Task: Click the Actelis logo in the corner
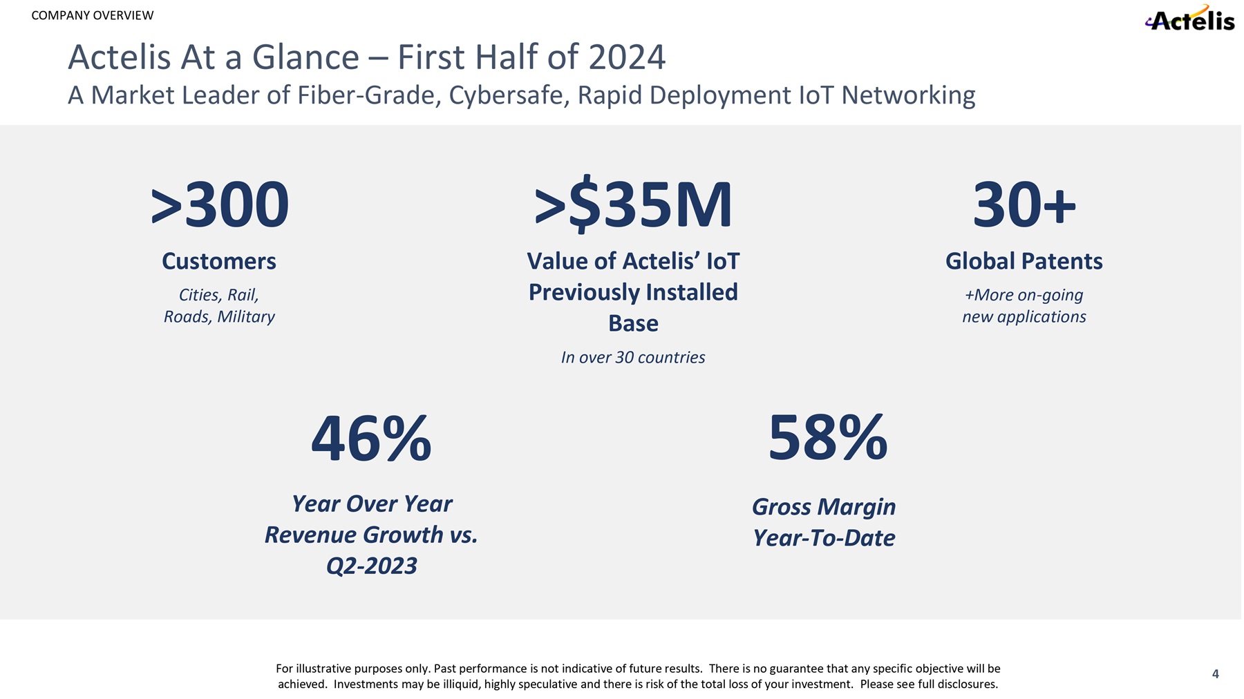click(1190, 19)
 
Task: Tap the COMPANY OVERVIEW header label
click(93, 15)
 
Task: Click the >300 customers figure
click(220, 205)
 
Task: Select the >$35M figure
click(633, 205)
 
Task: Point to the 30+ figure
click(1024, 205)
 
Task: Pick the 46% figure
click(371, 439)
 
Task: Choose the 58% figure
click(827, 438)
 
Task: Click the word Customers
click(219, 261)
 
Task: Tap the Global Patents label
click(1024, 261)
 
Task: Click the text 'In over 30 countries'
click(633, 357)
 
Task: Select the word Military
click(245, 316)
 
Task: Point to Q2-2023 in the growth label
click(371, 566)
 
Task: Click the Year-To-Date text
click(824, 537)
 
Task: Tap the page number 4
click(1215, 674)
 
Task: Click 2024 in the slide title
click(626, 57)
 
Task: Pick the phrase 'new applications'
click(1024, 316)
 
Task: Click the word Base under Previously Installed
click(633, 323)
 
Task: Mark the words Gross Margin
click(824, 506)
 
